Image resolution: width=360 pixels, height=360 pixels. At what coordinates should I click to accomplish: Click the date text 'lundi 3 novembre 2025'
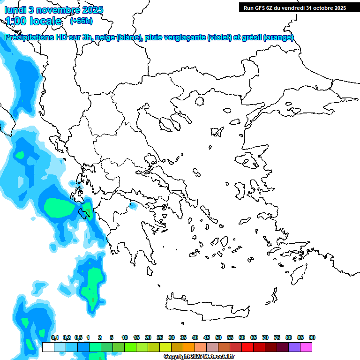[54, 10]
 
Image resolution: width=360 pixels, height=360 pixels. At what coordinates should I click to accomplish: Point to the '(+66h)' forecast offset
[81, 21]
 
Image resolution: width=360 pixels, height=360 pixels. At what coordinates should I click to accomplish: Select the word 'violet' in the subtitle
[219, 37]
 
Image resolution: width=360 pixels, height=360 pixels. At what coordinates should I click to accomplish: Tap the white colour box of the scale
[48, 347]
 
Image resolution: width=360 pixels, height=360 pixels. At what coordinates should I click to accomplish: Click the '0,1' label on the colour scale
[55, 337]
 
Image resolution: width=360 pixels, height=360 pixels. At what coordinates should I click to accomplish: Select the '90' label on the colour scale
[312, 337]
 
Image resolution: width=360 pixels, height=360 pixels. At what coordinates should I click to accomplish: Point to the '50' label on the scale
[218, 337]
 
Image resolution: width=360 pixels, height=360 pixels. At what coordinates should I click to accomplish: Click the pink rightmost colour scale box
[306, 347]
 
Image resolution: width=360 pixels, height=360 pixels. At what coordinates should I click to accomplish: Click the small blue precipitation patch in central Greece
[133, 205]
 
